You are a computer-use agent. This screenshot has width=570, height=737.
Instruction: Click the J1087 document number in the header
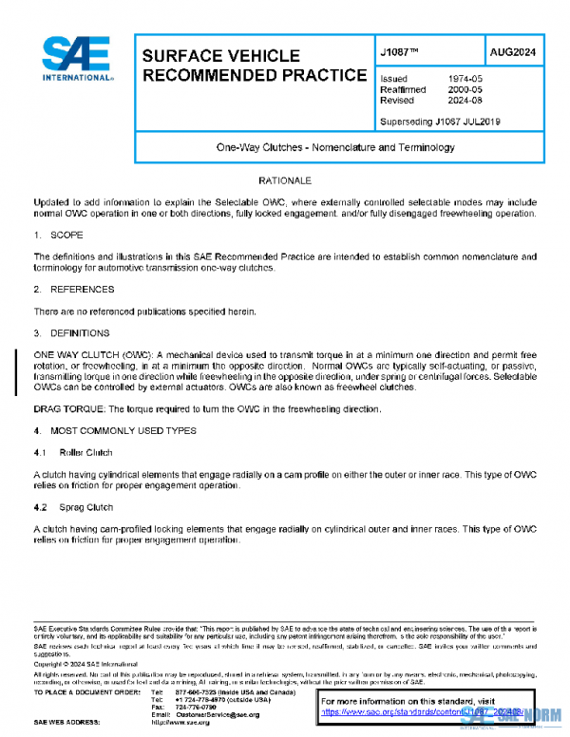coord(400,51)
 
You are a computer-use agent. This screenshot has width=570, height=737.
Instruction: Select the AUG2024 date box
coord(513,51)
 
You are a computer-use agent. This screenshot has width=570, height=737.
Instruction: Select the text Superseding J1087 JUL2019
coord(440,122)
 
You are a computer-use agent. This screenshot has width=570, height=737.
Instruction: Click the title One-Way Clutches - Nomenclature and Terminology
coord(338,148)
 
